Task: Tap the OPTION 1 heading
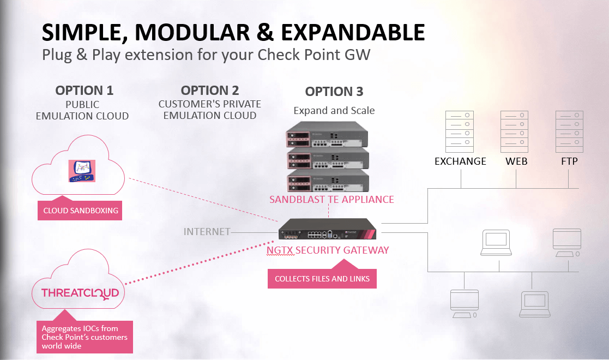(x=84, y=91)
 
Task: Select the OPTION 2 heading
(x=209, y=91)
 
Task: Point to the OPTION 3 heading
(x=334, y=92)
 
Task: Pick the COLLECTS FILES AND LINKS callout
(x=322, y=279)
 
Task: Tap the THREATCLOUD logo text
(x=80, y=293)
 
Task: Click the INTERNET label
(x=207, y=232)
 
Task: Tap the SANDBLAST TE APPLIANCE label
(x=331, y=200)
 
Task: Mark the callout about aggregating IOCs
(x=85, y=337)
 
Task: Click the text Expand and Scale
(x=334, y=111)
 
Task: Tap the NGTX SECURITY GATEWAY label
(x=328, y=250)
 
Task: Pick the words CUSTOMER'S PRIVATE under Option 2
(x=209, y=104)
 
